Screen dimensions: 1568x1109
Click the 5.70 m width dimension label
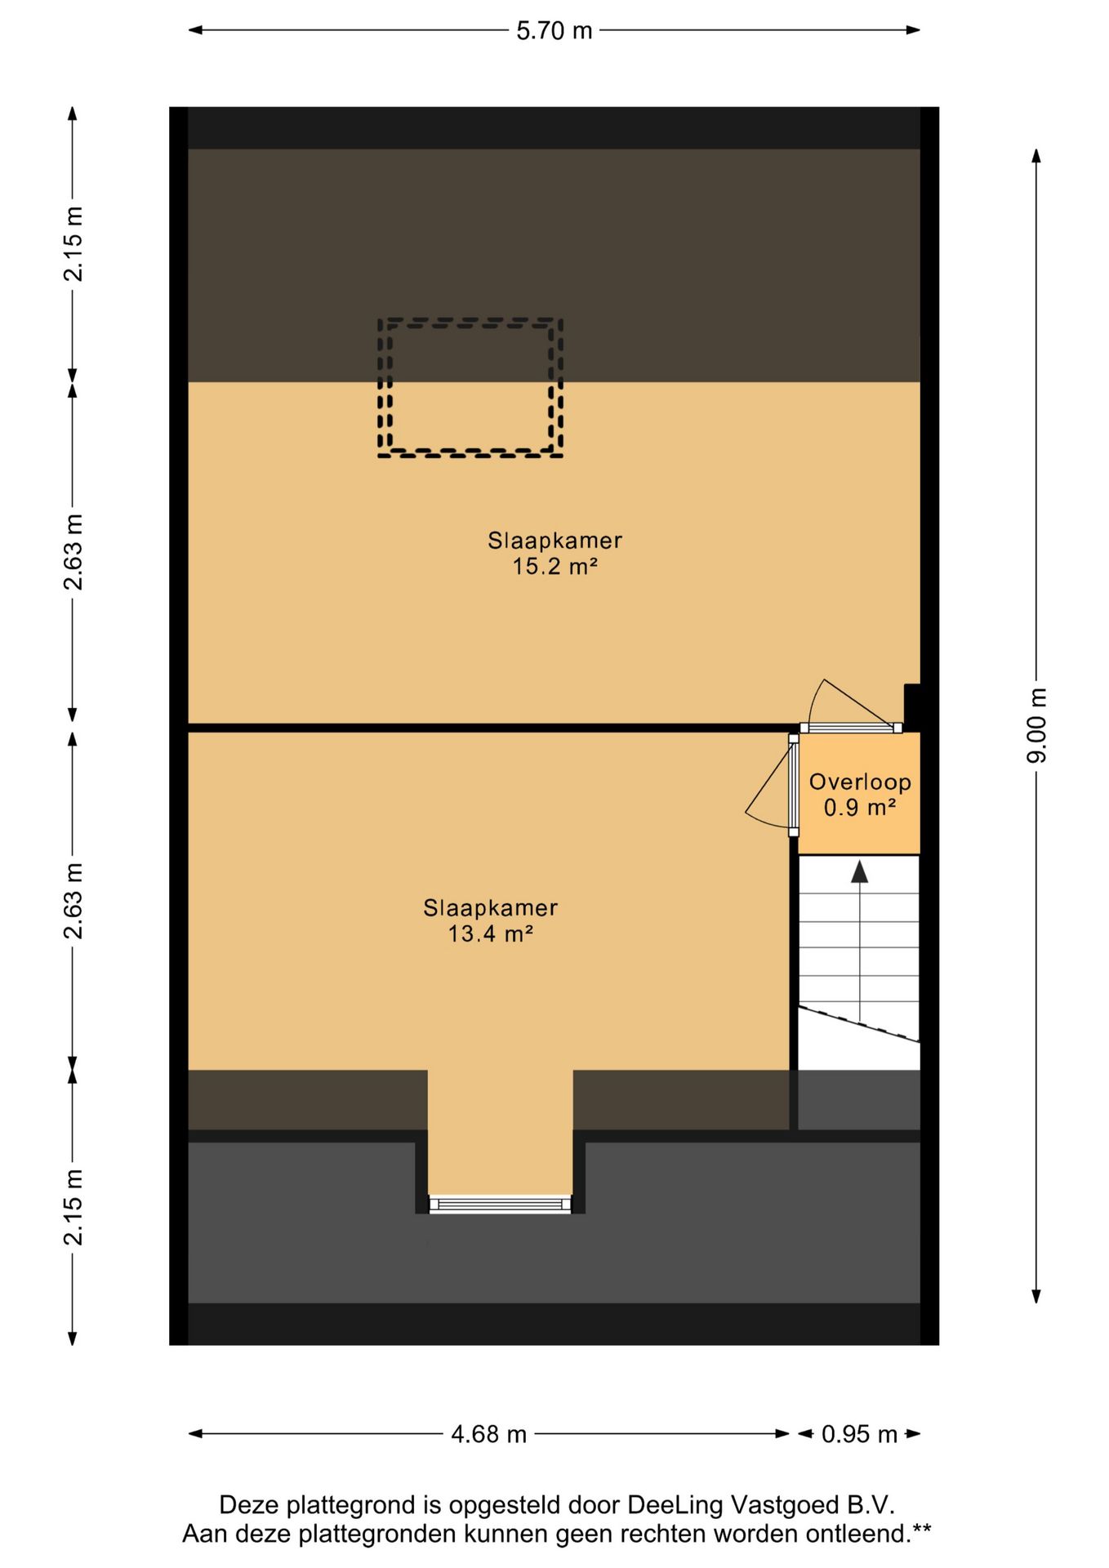[x=554, y=31]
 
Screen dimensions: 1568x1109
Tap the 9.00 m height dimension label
[x=1036, y=725]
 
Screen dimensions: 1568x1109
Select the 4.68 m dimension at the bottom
[x=488, y=1433]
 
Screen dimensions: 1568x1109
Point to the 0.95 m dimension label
[x=859, y=1433]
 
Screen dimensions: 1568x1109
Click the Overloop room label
[x=860, y=782]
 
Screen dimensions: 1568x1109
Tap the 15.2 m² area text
[x=554, y=566]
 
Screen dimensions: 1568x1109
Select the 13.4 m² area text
[x=490, y=933]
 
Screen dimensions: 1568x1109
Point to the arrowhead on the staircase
[x=859, y=872]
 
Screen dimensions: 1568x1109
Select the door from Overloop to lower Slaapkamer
[x=793, y=785]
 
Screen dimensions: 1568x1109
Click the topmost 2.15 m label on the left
[x=73, y=243]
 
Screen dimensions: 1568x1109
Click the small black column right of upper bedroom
[x=912, y=706]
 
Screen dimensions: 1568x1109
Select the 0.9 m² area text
[x=860, y=808]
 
